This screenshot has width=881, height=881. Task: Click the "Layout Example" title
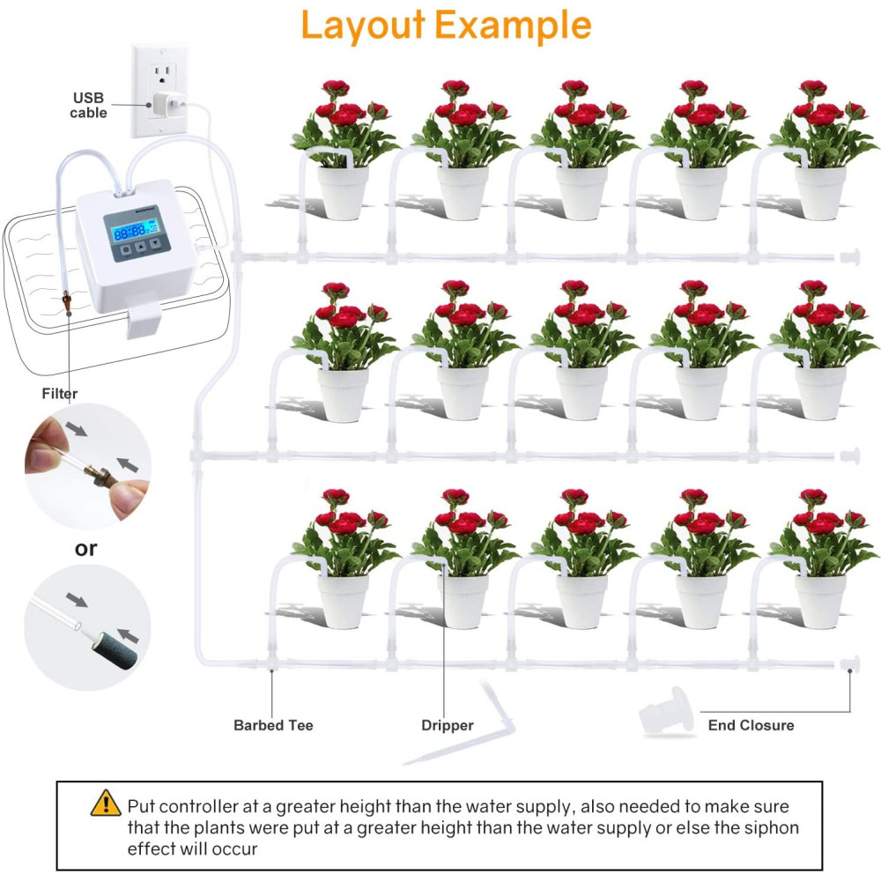click(445, 26)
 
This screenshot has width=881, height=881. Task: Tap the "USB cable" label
click(89, 106)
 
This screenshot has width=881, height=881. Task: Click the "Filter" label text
click(59, 394)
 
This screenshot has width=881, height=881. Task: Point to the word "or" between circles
click(85, 548)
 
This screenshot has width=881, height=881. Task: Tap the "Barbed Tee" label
click(273, 725)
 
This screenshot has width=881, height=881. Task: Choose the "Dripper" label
click(447, 725)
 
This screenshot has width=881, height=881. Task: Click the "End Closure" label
click(751, 725)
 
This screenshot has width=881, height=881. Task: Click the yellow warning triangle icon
click(106, 803)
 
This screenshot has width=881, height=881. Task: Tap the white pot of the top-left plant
click(343, 193)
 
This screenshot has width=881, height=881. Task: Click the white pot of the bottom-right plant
click(820, 601)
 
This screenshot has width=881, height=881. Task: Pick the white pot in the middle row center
click(581, 393)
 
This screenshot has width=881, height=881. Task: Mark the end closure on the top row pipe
click(849, 257)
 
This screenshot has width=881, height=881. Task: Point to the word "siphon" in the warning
click(775, 828)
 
